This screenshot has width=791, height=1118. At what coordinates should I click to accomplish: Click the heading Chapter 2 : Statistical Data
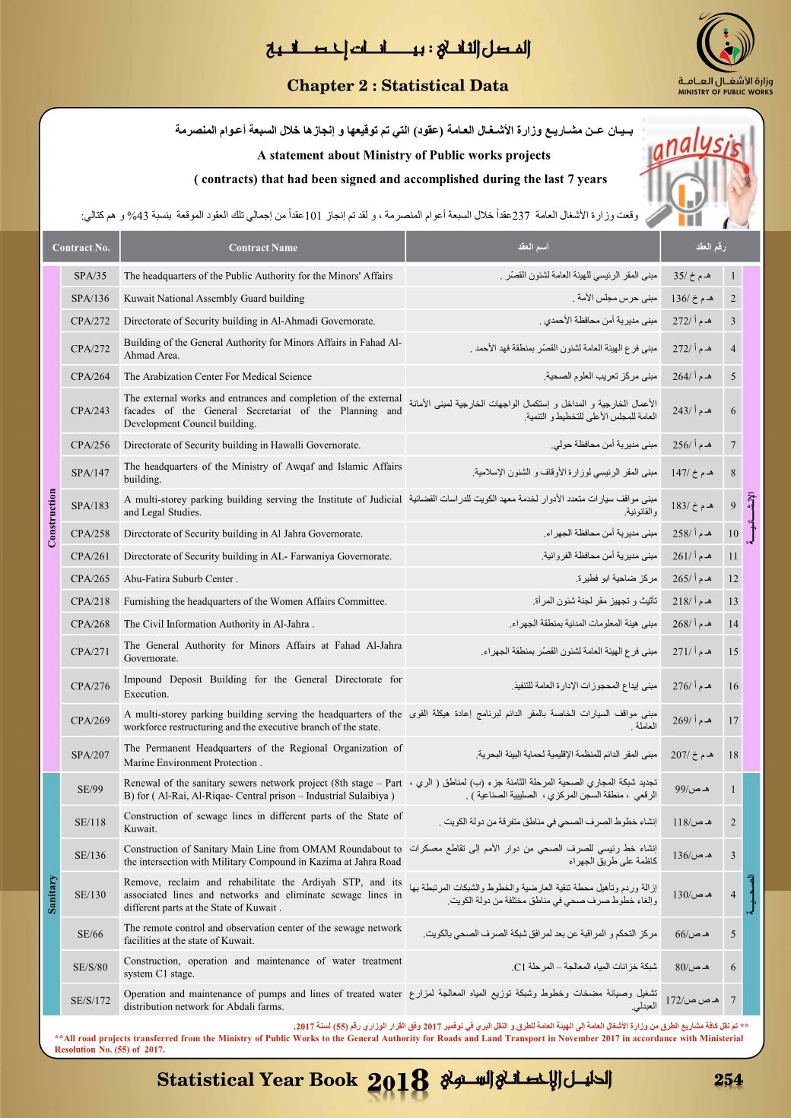click(397, 86)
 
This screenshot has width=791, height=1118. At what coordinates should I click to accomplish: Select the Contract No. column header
click(81, 248)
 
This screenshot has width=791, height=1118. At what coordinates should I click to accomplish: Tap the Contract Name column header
click(262, 248)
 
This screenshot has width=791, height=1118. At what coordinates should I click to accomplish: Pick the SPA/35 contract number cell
click(91, 276)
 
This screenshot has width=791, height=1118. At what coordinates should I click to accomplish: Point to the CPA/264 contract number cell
click(91, 376)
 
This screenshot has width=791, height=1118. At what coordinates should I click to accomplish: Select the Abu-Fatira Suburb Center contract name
click(181, 578)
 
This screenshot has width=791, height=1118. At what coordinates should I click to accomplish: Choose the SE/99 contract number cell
click(91, 790)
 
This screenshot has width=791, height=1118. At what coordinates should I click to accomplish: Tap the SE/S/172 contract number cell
click(91, 1000)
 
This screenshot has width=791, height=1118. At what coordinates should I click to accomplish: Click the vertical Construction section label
click(52, 518)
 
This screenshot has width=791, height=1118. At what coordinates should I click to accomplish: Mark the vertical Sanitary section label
click(52, 895)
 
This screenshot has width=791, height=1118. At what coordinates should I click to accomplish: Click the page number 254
click(727, 1080)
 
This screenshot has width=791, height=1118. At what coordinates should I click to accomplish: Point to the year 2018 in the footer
click(399, 1082)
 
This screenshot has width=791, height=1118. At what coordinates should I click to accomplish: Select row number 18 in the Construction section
click(733, 755)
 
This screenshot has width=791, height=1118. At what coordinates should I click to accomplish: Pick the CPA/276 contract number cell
click(91, 686)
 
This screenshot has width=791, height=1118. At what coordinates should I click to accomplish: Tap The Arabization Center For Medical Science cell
click(218, 376)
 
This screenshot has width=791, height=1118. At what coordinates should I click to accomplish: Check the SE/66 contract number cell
click(91, 934)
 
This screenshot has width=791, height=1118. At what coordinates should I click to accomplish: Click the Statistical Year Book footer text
click(257, 1080)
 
